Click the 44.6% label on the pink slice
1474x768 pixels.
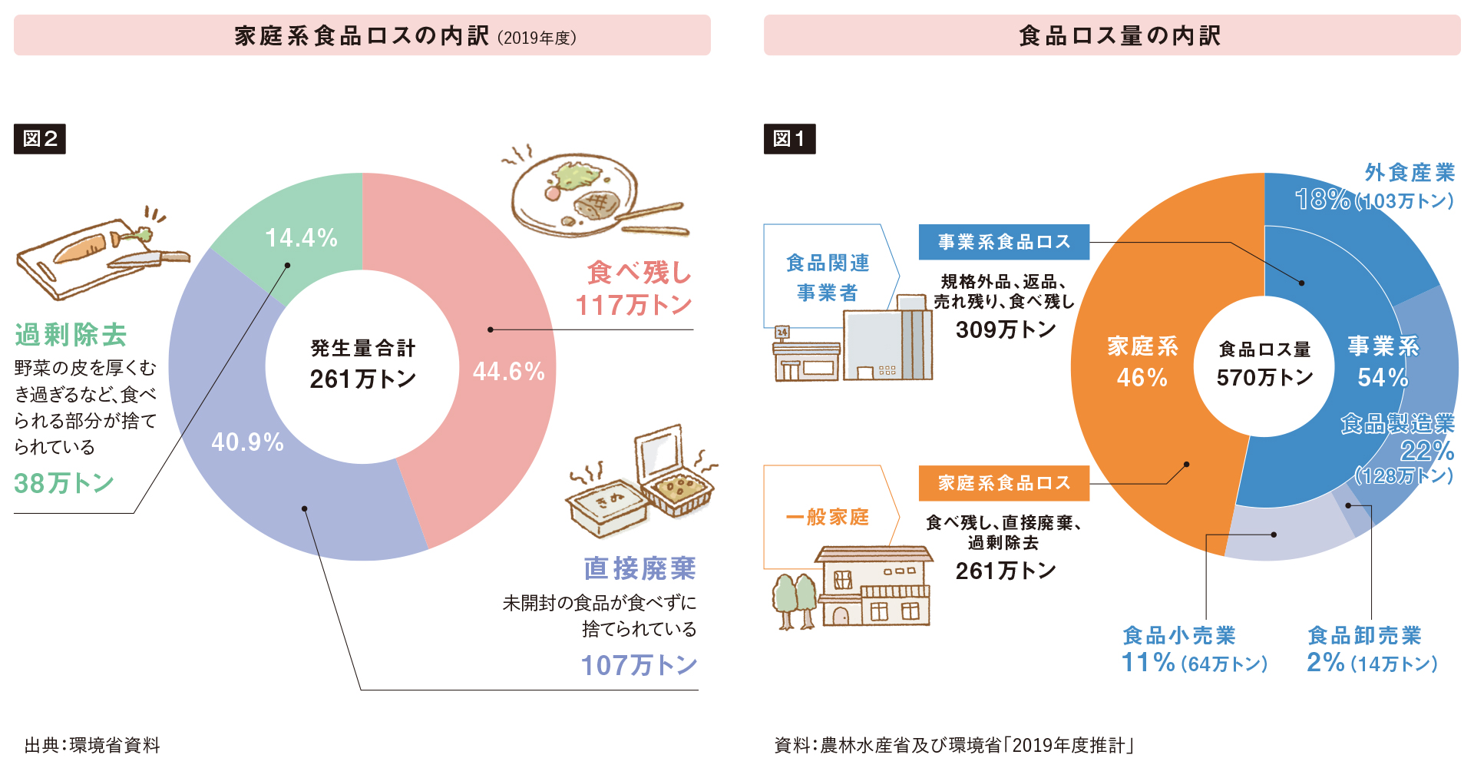pos(508,372)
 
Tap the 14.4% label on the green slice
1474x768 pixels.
pos(301,238)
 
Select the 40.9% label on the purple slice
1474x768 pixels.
pos(247,442)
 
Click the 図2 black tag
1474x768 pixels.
pos(40,139)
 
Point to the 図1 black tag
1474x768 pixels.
pos(789,139)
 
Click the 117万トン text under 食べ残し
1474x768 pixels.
pos(634,305)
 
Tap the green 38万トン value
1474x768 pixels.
pos(64,483)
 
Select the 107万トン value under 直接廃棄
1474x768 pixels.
pos(639,665)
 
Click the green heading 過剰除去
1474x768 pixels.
pos(71,335)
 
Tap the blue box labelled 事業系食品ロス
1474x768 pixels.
pos(1003,242)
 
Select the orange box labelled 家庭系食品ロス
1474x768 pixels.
pos(1003,483)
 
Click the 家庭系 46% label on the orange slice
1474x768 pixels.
pos(1142,362)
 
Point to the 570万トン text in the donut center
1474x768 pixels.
pos(1264,377)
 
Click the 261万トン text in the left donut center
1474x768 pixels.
pos(362,379)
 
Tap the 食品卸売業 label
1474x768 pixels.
pos(1364,636)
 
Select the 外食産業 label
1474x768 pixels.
pos(1410,173)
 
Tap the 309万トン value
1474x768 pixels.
pos(1006,329)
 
